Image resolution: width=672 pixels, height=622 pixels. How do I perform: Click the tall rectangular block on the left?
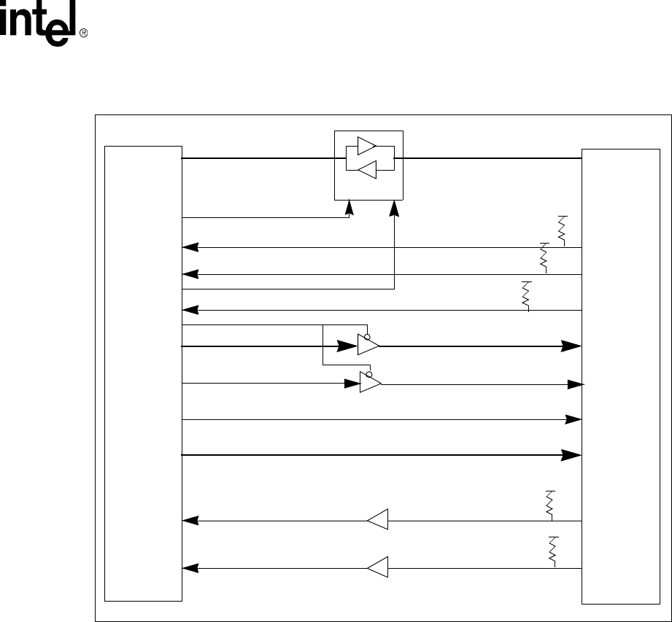click(x=143, y=373)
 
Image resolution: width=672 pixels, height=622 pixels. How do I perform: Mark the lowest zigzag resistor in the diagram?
click(x=552, y=551)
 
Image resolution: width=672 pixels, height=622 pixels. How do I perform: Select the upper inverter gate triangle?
click(x=367, y=346)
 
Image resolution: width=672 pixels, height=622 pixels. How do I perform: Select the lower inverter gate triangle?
click(x=369, y=383)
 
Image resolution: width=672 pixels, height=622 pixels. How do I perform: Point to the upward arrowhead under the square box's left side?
click(x=349, y=209)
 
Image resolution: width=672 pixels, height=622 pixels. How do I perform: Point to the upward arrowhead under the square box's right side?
click(x=395, y=209)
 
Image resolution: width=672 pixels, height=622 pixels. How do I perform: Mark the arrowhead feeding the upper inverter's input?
click(x=343, y=346)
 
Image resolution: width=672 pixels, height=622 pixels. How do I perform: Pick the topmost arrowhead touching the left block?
click(x=189, y=248)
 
